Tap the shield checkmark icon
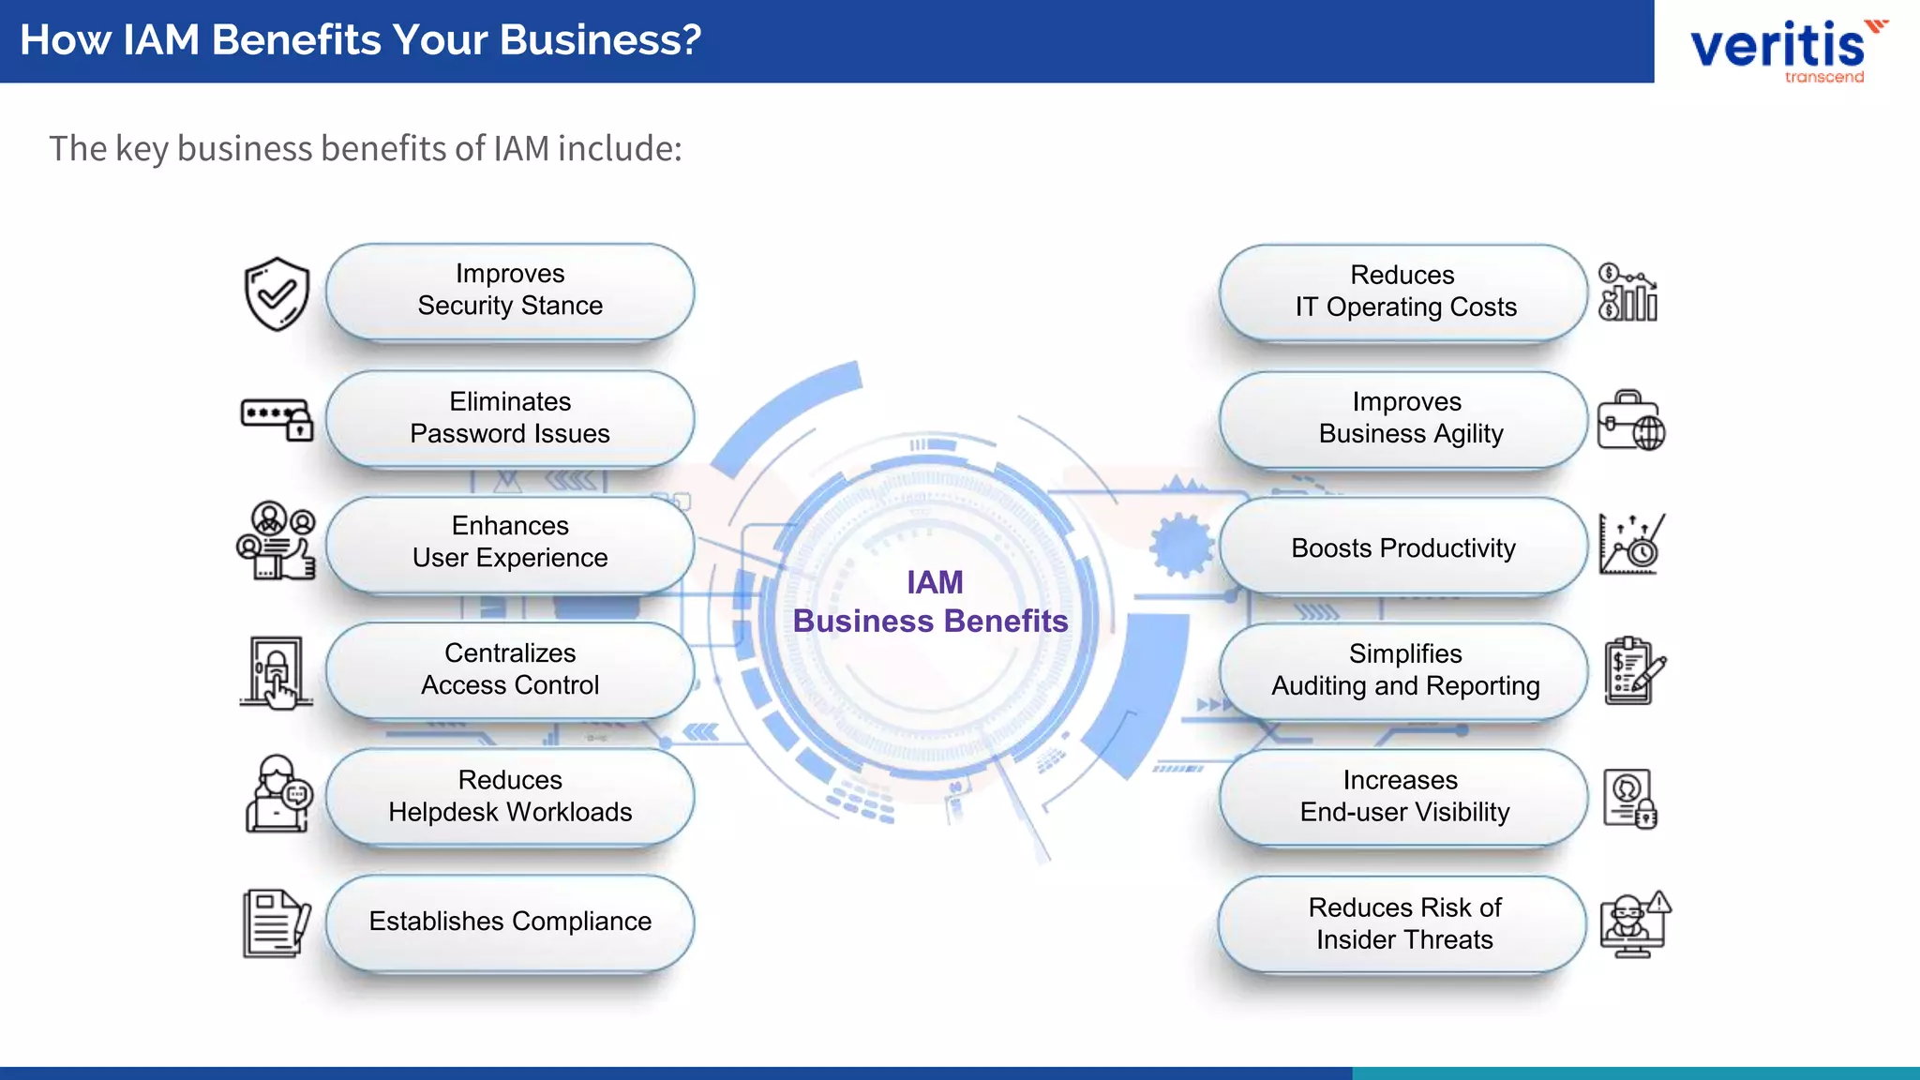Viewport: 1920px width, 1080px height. [277, 294]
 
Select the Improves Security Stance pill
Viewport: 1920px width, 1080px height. [510, 291]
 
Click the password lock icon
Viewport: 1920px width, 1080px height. [277, 419]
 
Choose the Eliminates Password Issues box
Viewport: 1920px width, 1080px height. [510, 418]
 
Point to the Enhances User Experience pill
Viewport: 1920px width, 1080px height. [510, 542]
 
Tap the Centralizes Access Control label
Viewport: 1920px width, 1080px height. [510, 669]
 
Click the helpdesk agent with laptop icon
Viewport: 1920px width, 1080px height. [277, 795]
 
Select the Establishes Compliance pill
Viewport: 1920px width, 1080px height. [510, 922]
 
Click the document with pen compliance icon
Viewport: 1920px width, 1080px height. [276, 923]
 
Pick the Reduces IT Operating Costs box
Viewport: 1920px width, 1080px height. [1403, 292]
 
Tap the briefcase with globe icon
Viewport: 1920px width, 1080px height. [1631, 420]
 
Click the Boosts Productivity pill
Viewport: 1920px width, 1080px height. [1403, 548]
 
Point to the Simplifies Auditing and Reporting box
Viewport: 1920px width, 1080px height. [1403, 670]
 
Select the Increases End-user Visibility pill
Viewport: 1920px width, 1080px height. [1403, 797]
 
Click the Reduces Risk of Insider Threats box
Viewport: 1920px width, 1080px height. [1403, 923]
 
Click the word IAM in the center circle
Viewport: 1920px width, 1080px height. [935, 582]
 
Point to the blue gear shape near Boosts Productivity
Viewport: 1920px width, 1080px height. [1180, 546]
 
